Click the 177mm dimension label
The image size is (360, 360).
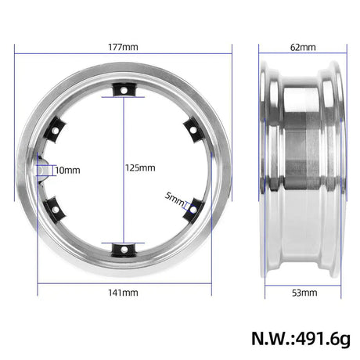tap(123, 47)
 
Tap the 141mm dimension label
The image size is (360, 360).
tap(123, 293)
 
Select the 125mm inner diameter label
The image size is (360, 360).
tap(140, 167)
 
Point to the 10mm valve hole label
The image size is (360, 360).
tap(67, 171)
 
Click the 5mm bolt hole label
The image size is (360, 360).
tap(175, 200)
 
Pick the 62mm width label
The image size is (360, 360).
tap(303, 47)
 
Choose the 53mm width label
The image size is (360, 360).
tap(304, 293)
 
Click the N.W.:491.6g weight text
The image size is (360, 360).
tap(301, 339)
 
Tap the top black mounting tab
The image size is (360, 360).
tap(124, 90)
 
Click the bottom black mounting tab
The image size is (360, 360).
tap(124, 250)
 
